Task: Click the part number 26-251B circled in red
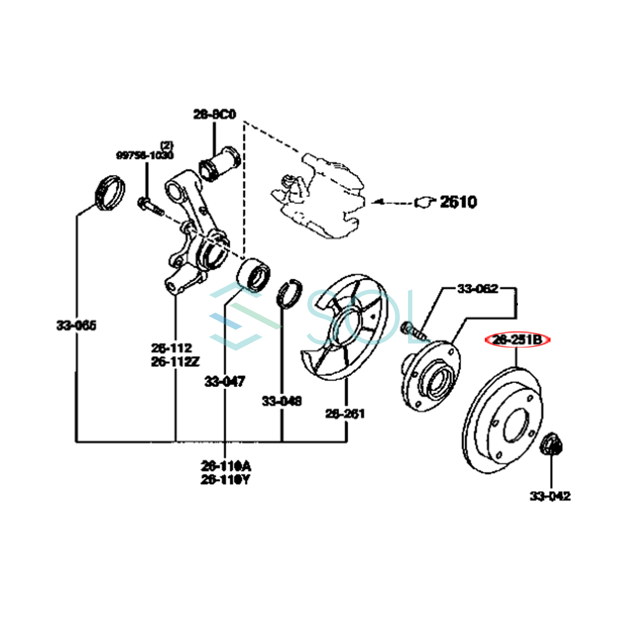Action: tap(517, 340)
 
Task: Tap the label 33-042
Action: tap(550, 496)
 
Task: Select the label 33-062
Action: tap(477, 289)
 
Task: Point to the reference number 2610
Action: tap(458, 202)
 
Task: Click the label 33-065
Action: tap(77, 325)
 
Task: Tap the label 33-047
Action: tap(225, 381)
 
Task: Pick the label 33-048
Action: tap(282, 401)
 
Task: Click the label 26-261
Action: tap(345, 414)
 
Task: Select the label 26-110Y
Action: tap(225, 480)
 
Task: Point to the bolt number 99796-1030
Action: tap(145, 155)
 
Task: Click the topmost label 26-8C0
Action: tap(215, 114)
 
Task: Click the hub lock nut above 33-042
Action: tap(552, 444)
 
